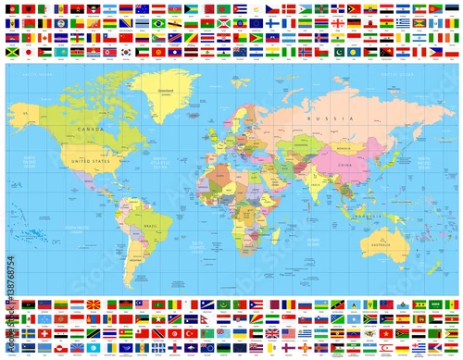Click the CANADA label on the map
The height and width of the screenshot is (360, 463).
(x=92, y=128)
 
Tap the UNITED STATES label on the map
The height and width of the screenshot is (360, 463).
(x=90, y=159)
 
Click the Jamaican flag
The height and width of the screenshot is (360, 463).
(x=11, y=53)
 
